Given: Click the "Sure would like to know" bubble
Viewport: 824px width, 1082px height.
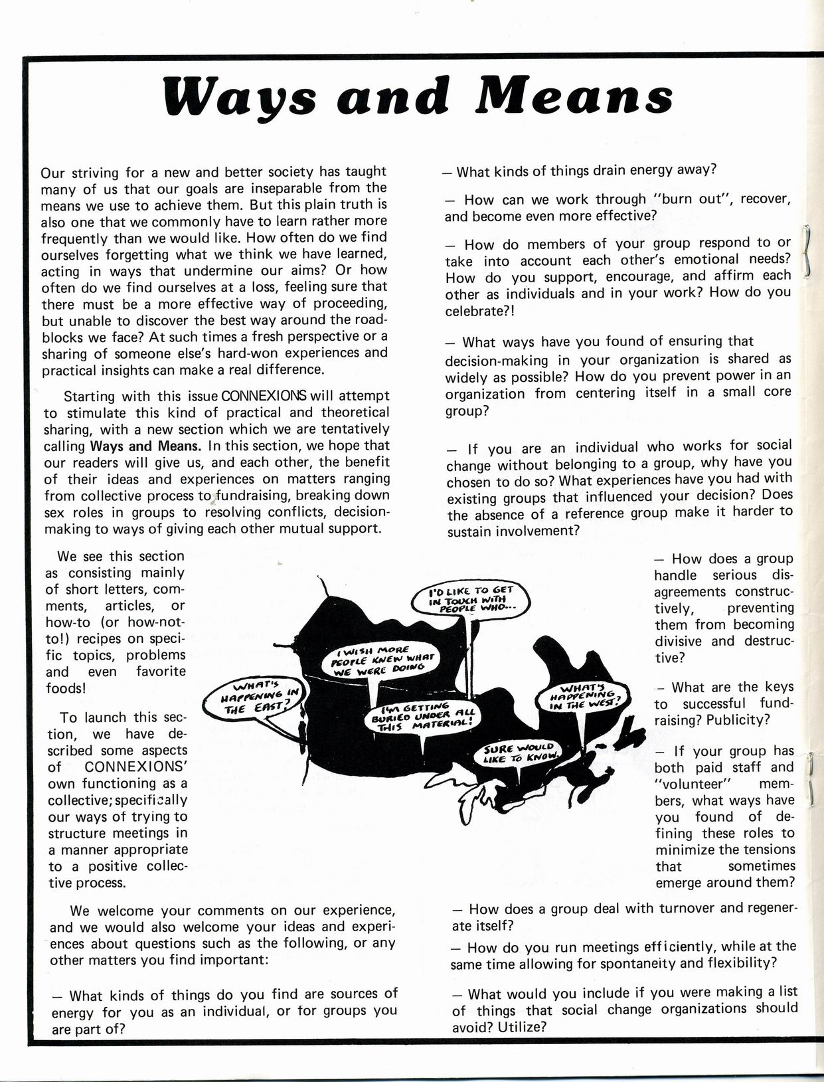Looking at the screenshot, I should tap(523, 753).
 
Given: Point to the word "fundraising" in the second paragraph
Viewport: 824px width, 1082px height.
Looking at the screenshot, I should tap(252, 496).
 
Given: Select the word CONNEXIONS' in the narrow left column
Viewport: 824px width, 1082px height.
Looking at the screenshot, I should tap(137, 767).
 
